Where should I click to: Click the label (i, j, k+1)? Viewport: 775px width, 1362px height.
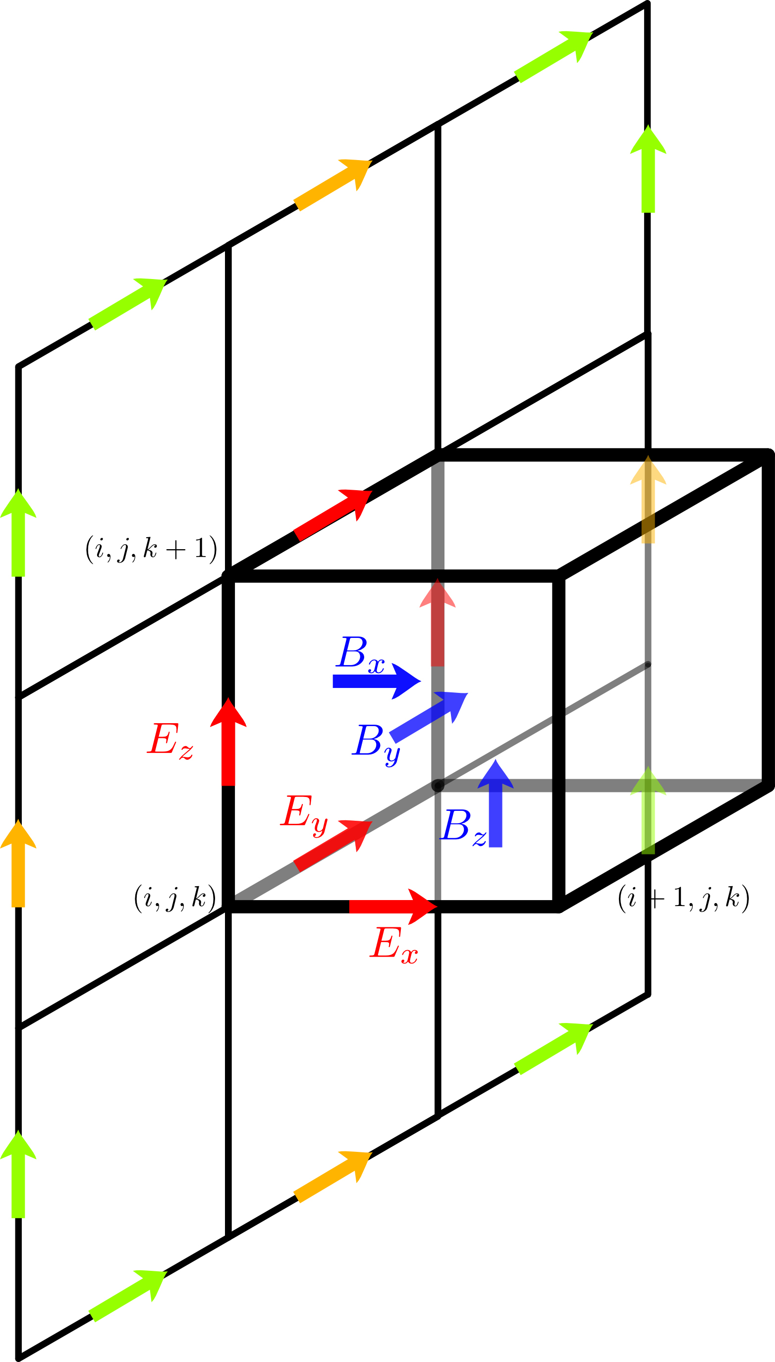coord(151,549)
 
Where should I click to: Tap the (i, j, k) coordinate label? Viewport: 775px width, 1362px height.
coord(174,898)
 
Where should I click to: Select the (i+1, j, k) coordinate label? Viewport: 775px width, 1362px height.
coord(683,898)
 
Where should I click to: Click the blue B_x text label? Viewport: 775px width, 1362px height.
coord(360,654)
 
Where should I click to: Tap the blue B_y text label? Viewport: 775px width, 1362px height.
coord(376,742)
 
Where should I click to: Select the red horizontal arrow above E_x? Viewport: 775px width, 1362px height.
coord(393,906)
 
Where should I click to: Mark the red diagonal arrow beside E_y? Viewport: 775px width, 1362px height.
coord(332,845)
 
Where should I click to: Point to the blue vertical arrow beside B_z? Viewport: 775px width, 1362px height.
coord(496,804)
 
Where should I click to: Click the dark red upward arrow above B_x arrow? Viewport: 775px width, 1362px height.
coord(438,623)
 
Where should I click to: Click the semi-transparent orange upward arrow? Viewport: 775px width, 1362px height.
coord(648,500)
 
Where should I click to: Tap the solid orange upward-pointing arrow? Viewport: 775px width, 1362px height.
coord(18,863)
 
